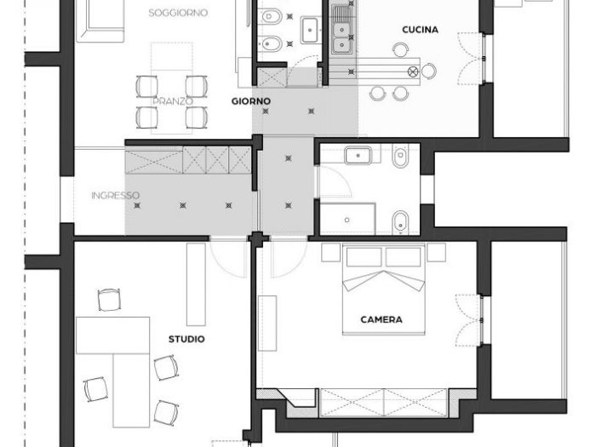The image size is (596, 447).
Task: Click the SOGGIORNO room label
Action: click(178, 13)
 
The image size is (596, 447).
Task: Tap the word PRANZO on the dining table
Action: click(173, 100)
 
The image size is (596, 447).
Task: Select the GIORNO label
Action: click(251, 101)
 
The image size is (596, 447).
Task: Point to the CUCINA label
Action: click(421, 30)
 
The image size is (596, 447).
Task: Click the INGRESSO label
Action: click(115, 196)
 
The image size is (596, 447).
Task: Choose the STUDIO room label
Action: click(186, 339)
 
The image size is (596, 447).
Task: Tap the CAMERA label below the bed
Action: click(381, 320)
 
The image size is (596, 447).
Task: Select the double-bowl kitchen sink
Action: click(342, 31)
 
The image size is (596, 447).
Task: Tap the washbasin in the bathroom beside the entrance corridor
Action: click(355, 155)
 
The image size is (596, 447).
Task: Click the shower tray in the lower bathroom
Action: click(348, 219)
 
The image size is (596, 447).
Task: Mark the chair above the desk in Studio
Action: click(110, 301)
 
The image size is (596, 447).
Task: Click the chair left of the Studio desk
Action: click(95, 390)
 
